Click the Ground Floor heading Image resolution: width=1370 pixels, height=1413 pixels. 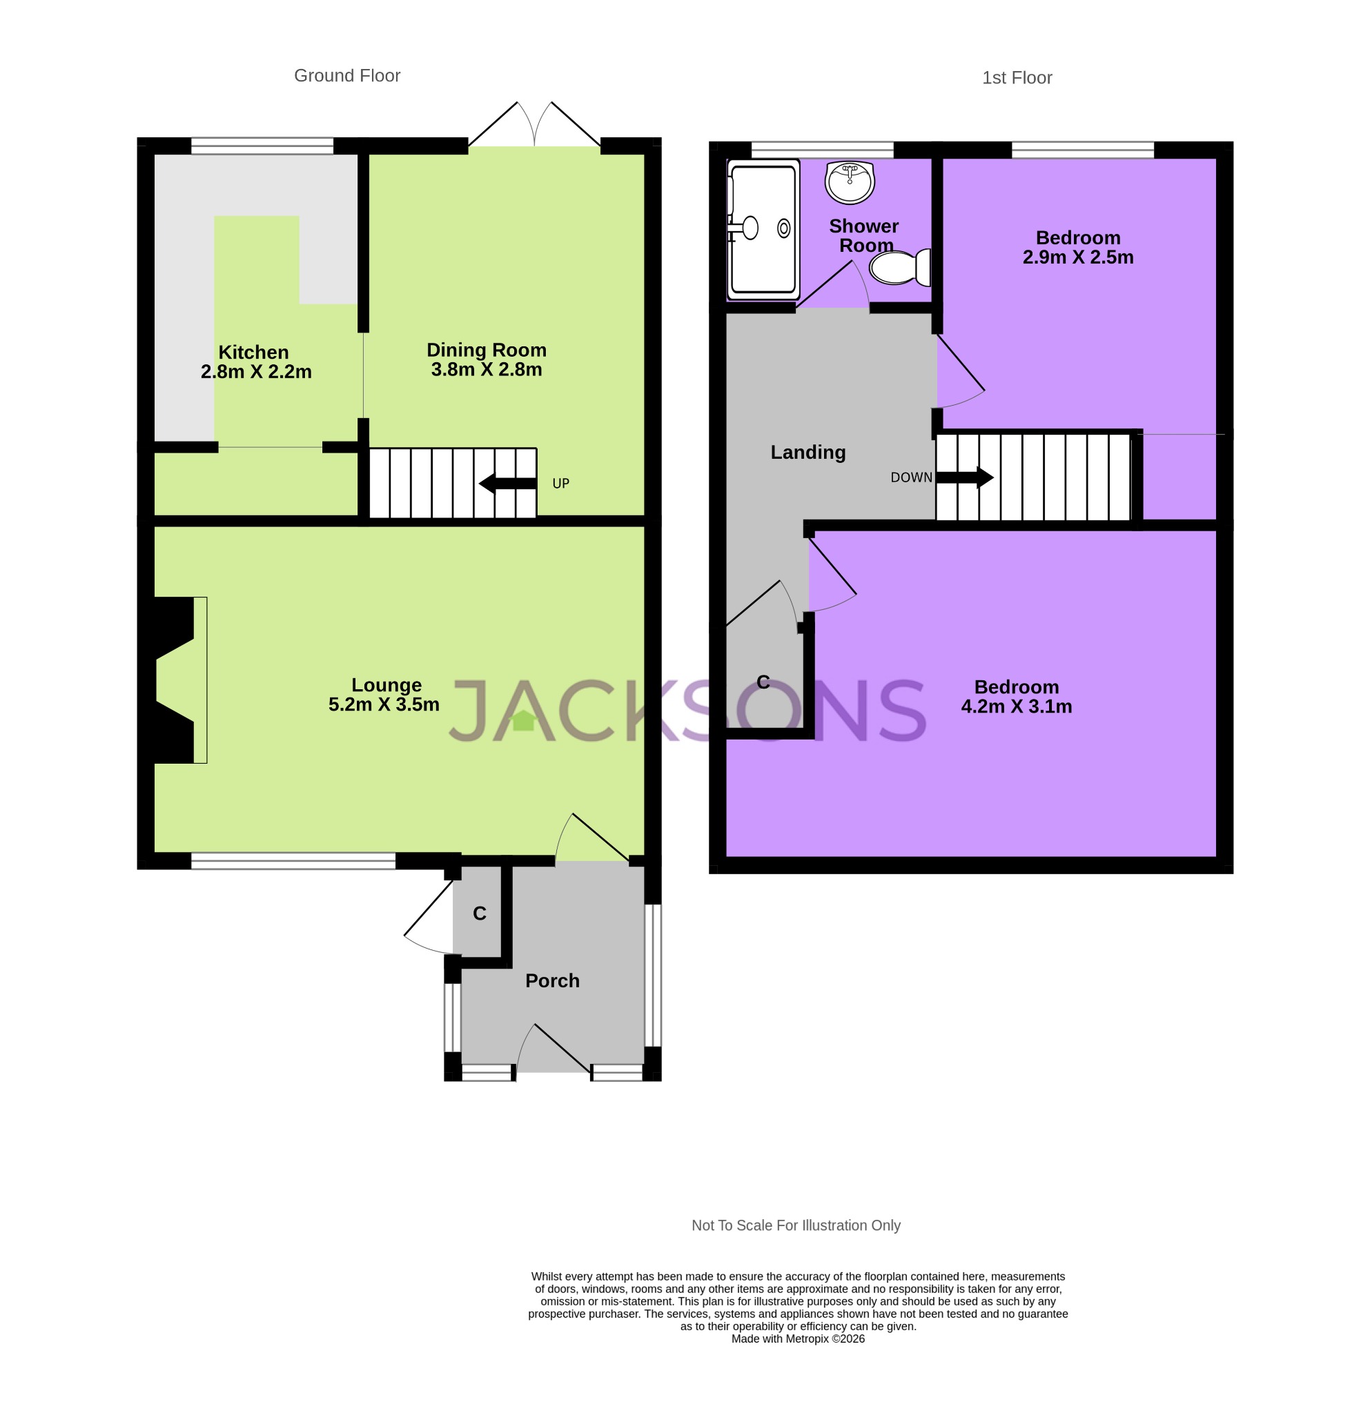(x=347, y=76)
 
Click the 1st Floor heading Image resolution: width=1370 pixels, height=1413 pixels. (x=1016, y=78)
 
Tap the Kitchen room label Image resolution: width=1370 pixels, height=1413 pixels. (x=253, y=352)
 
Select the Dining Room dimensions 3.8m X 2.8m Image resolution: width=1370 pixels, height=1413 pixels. (x=486, y=370)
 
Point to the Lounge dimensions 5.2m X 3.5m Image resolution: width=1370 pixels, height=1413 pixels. (x=384, y=704)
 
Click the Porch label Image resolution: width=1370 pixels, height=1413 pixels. (x=551, y=980)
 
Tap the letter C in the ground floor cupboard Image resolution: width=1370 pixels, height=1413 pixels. (x=479, y=913)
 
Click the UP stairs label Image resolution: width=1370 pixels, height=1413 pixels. (x=560, y=483)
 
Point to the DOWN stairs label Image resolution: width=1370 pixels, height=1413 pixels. (x=911, y=477)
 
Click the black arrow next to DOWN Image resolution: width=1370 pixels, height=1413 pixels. (x=964, y=477)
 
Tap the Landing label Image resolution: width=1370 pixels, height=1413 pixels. (x=808, y=452)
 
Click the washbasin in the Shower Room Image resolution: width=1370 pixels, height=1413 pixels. (x=850, y=181)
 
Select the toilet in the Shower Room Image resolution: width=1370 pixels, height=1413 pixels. (x=900, y=268)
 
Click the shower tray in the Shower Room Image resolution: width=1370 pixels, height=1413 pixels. (x=763, y=229)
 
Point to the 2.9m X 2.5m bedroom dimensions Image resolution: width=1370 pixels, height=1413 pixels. (x=1077, y=257)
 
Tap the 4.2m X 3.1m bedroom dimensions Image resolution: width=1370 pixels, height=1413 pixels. (x=1016, y=706)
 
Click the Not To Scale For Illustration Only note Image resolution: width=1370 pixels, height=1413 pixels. (x=795, y=1225)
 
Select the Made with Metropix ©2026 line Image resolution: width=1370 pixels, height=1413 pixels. (x=797, y=1338)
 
